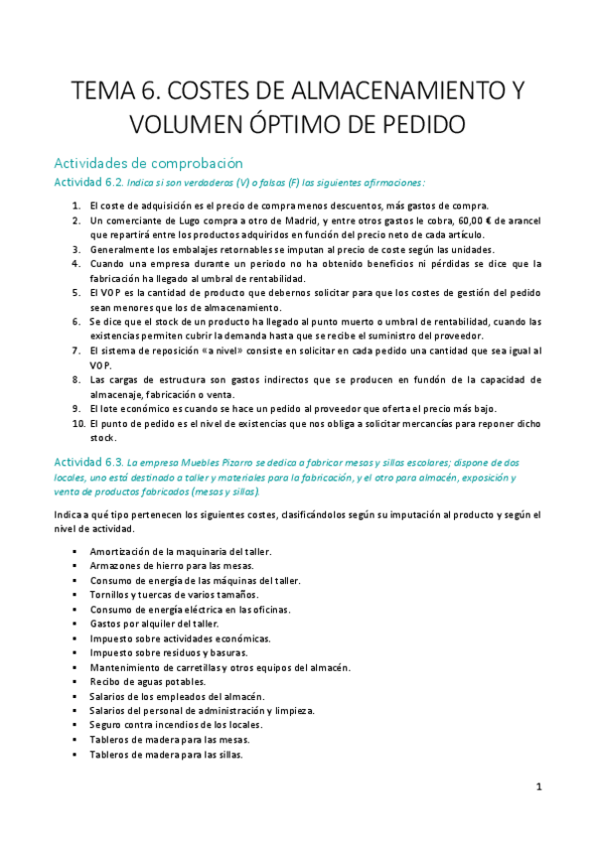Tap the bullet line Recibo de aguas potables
(x=148, y=682)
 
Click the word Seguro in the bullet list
(x=107, y=725)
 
